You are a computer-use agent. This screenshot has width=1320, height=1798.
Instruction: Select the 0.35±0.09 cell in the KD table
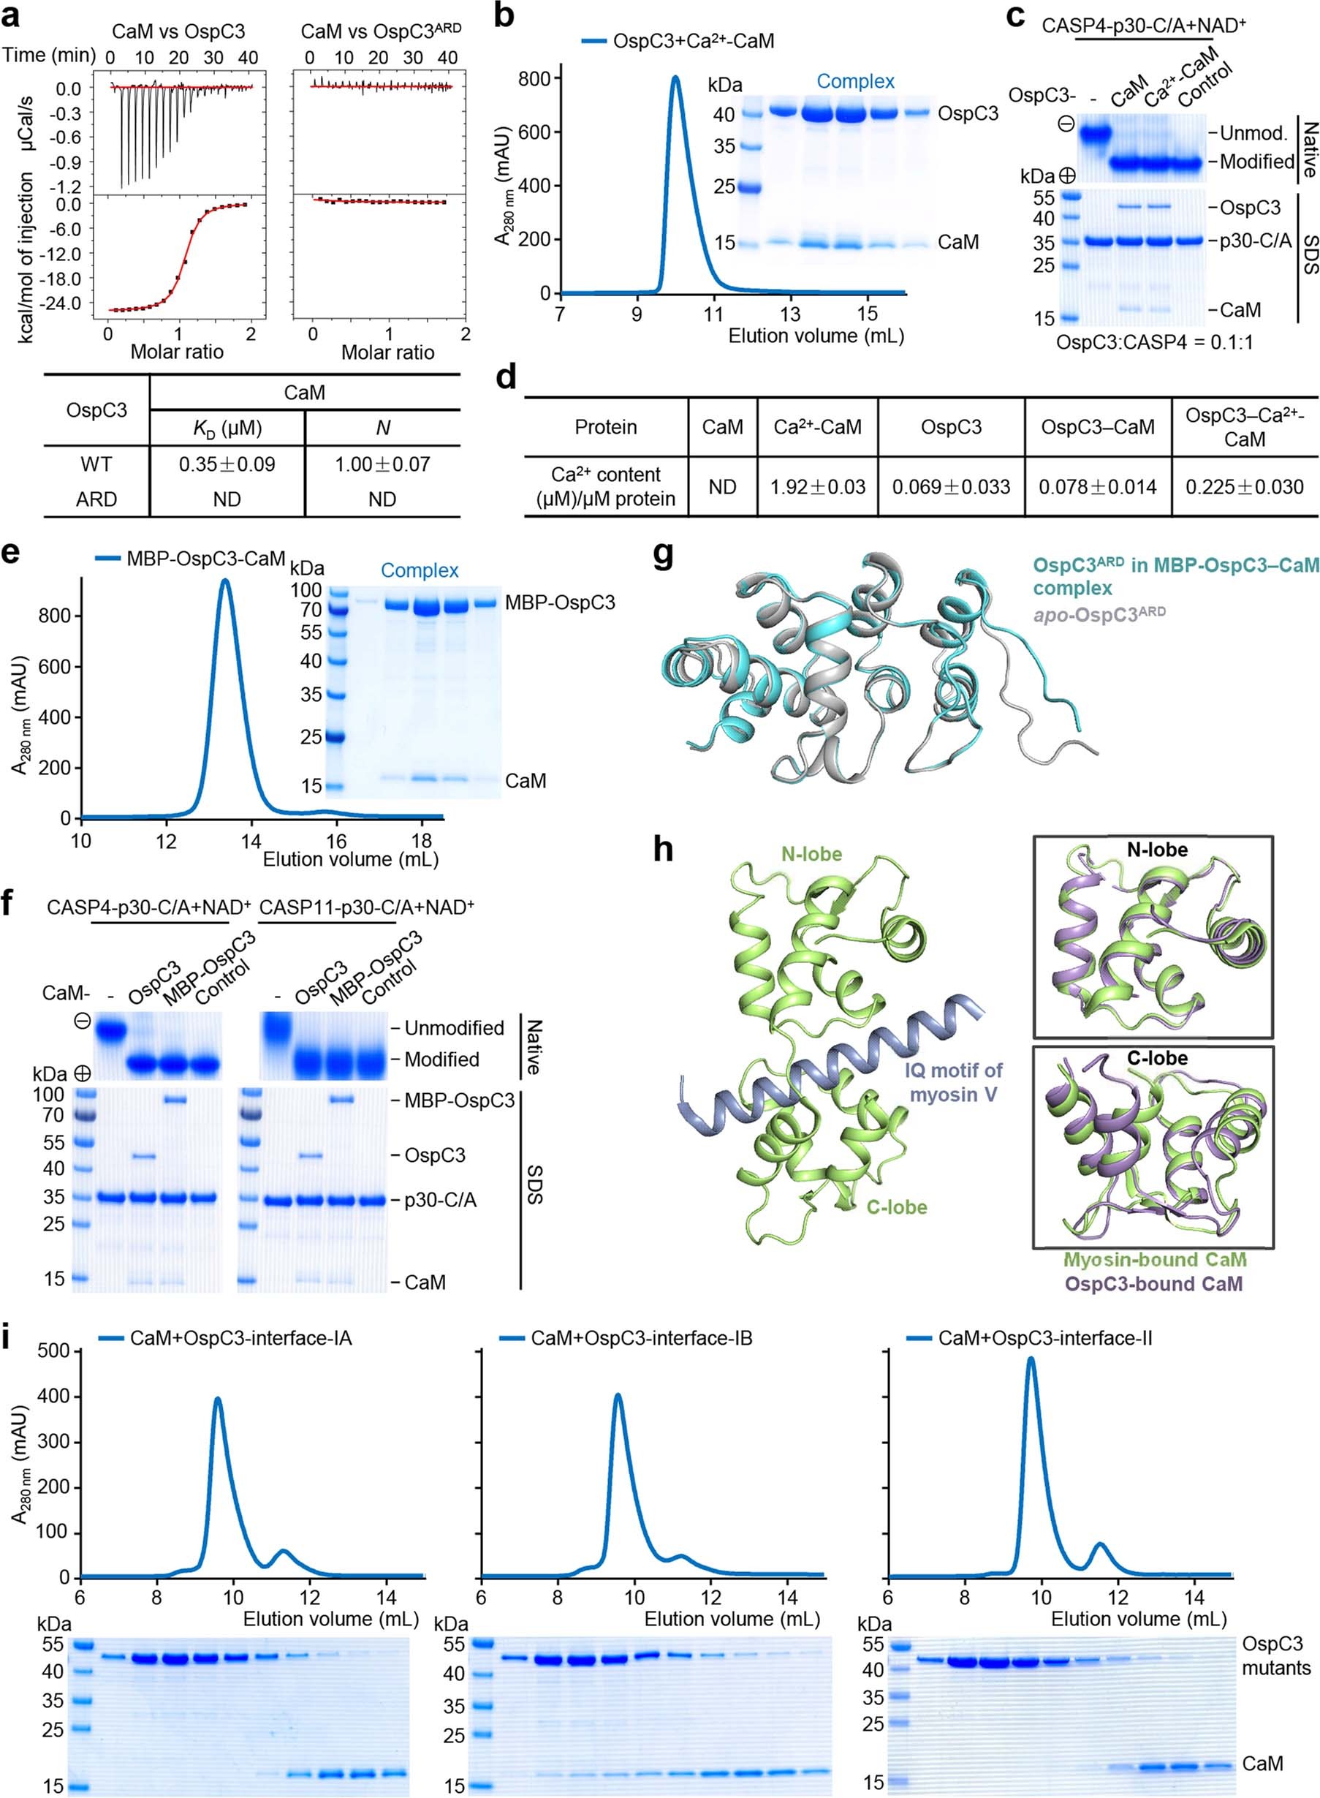pyautogui.click(x=227, y=464)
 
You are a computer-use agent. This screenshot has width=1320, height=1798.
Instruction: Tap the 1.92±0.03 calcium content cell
pyautogui.click(x=817, y=487)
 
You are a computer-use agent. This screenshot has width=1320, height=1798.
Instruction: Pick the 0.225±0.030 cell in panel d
pyautogui.click(x=1244, y=487)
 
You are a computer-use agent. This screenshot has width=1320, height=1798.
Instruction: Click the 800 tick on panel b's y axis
pyautogui.click(x=534, y=78)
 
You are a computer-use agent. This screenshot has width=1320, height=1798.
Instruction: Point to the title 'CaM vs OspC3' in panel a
pyautogui.click(x=178, y=32)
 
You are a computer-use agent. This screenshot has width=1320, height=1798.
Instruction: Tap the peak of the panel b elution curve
pyautogui.click(x=676, y=78)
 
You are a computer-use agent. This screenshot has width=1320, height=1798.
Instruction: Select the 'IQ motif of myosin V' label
pyautogui.click(x=953, y=1081)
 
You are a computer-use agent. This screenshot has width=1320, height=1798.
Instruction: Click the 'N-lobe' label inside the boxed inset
pyautogui.click(x=1157, y=850)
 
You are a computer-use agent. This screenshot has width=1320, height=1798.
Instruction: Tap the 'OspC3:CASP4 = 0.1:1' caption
pyautogui.click(x=1155, y=343)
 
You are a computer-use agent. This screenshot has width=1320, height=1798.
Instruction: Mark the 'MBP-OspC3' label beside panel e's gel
pyautogui.click(x=560, y=602)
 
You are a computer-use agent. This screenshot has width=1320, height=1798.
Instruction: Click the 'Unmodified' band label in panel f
pyautogui.click(x=454, y=1028)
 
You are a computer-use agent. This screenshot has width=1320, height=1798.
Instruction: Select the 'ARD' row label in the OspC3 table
pyautogui.click(x=96, y=499)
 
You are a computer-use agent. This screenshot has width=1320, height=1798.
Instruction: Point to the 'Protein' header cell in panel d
pyautogui.click(x=606, y=427)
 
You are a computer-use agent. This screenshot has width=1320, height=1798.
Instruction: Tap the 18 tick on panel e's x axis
pyautogui.click(x=421, y=841)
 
